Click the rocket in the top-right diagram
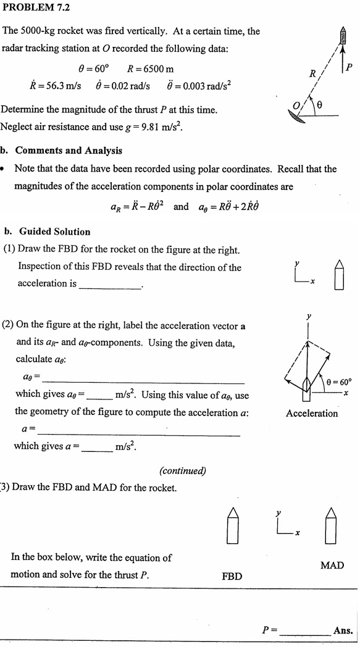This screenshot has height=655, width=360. pos(342,38)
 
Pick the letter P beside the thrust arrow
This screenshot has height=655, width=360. pos(350,67)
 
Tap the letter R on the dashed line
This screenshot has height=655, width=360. pos(312,75)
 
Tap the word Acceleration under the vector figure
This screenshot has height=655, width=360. pos(312,414)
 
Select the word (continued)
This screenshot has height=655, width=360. pos(183,470)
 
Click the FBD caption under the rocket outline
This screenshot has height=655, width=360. pos(232,576)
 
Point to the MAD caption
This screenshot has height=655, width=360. pos(332,565)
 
